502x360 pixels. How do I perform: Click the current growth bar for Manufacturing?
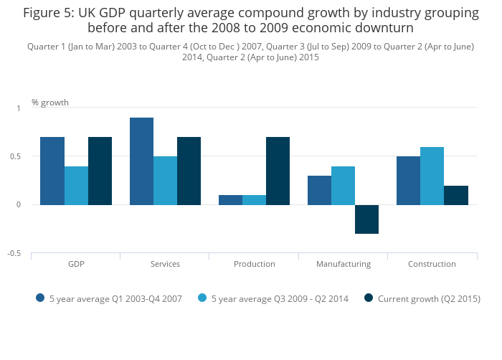point(366,219)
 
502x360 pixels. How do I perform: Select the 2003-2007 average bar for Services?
point(141,161)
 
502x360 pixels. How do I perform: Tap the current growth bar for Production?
point(278,171)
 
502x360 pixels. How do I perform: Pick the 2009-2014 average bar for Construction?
point(432,176)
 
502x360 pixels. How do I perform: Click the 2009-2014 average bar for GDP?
point(76,186)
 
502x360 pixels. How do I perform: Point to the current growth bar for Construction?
point(455,195)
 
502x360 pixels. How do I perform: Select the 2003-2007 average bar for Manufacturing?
point(319,191)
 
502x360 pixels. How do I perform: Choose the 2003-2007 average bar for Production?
point(230,200)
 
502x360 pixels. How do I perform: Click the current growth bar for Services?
point(189,171)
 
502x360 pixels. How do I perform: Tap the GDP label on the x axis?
point(76,264)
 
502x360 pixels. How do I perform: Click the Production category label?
point(255,264)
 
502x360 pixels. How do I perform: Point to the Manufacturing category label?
point(344,264)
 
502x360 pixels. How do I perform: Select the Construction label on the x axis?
point(432,264)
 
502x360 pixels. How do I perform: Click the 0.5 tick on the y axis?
point(18,156)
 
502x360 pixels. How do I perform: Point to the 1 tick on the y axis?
point(19,108)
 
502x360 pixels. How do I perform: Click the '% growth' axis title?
point(50,103)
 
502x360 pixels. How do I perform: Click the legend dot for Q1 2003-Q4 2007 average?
point(40,298)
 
